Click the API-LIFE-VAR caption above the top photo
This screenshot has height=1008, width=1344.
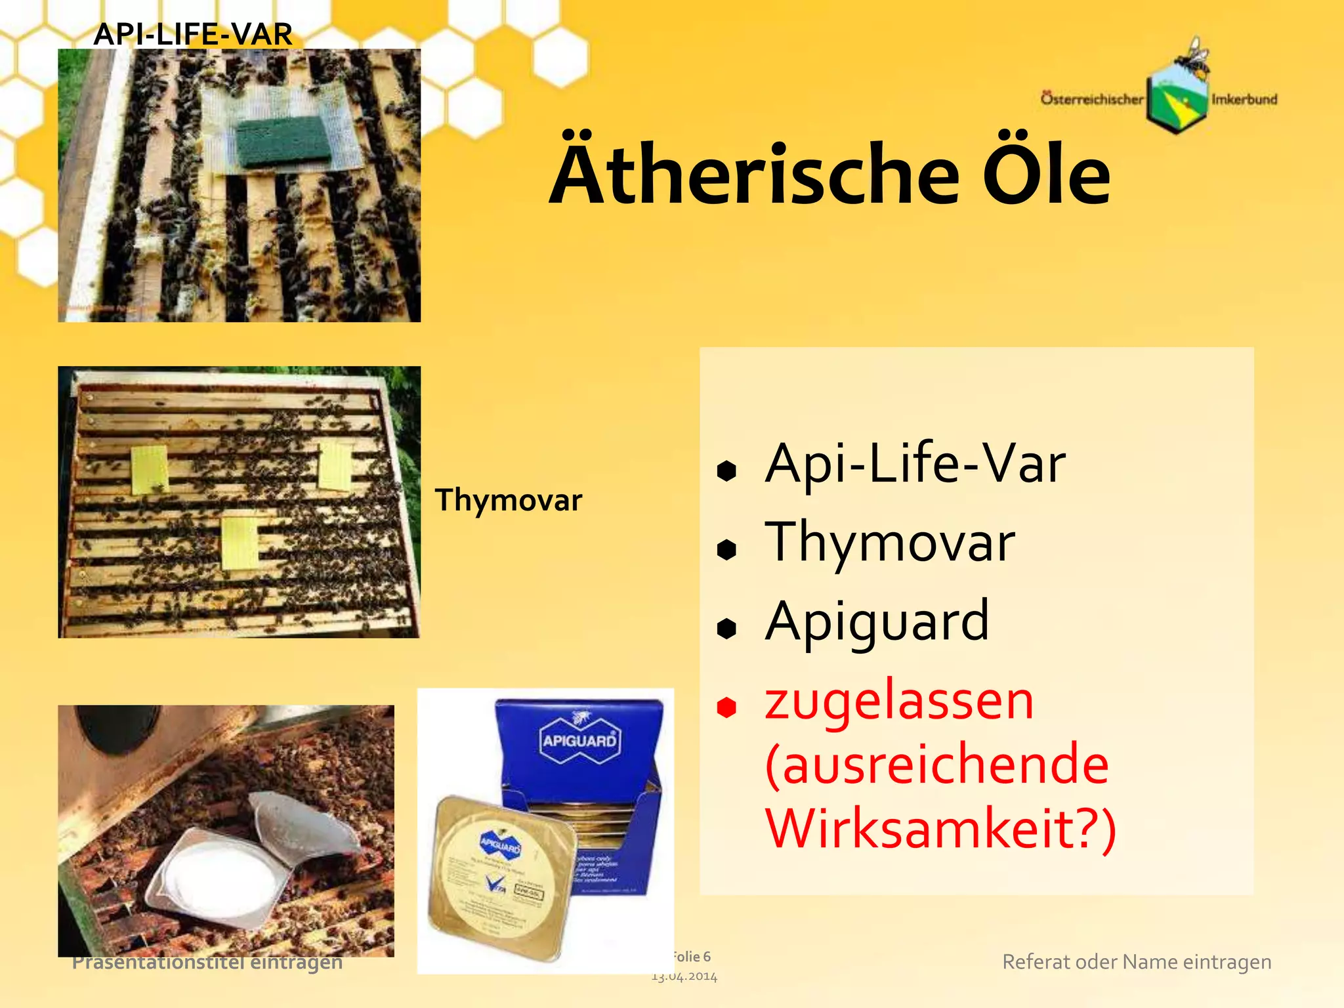(192, 34)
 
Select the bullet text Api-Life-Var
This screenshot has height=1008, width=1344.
(915, 464)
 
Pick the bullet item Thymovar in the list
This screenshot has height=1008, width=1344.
(889, 543)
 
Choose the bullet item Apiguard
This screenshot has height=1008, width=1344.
(877, 621)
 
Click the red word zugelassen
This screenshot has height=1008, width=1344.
(899, 701)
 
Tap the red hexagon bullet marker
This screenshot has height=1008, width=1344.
(726, 707)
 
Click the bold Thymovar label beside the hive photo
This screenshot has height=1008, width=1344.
(508, 500)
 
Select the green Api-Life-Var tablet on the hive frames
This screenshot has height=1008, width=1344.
(283, 142)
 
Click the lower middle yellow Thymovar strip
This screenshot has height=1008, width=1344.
(240, 543)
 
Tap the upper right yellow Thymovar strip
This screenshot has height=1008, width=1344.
(335, 465)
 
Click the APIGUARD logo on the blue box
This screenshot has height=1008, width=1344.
(579, 740)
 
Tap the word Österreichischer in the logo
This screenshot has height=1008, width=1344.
(1091, 100)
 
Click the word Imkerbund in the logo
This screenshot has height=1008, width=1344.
(1244, 100)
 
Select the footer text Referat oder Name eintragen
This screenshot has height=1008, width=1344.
(1137, 962)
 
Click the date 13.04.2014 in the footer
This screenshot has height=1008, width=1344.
(684, 976)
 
